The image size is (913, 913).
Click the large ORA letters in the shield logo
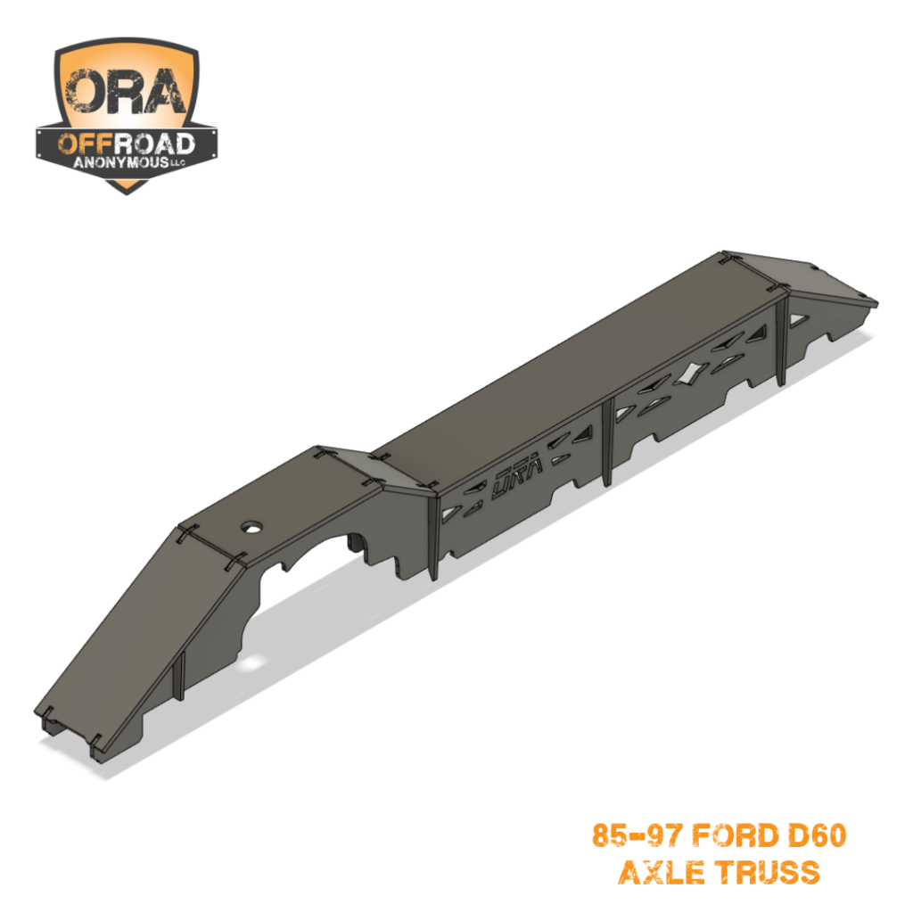point(126,93)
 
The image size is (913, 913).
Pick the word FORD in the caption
point(736,836)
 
